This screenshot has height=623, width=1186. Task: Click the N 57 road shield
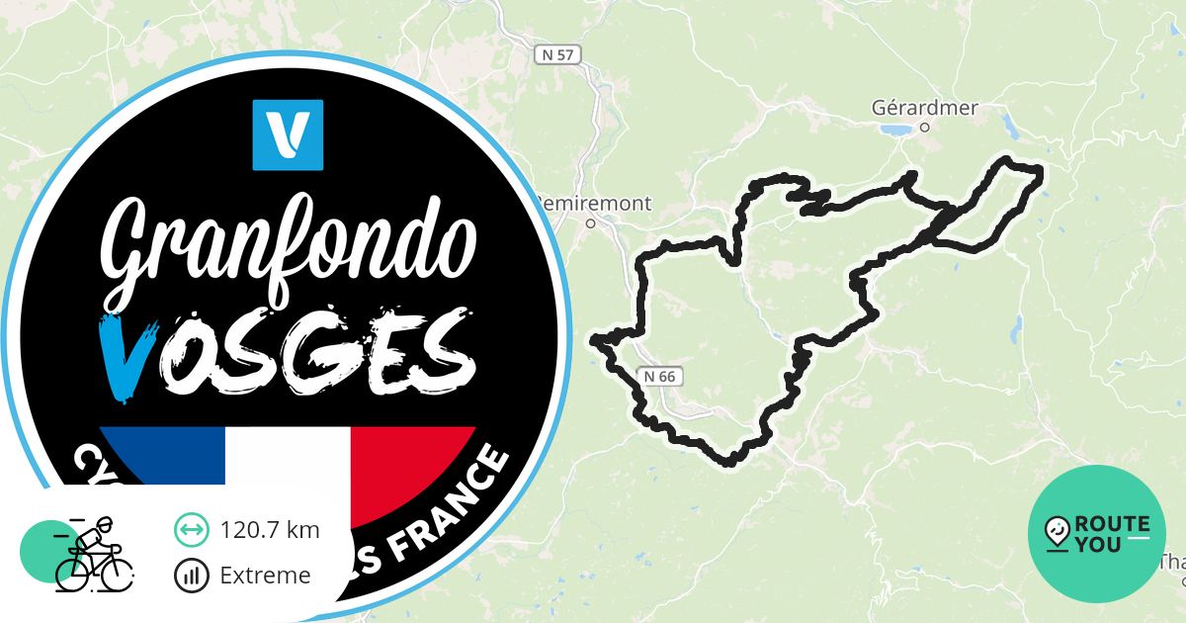click(558, 55)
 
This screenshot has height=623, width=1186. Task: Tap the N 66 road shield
click(659, 376)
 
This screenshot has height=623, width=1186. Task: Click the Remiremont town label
click(593, 204)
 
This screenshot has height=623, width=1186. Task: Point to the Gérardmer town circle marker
click(925, 127)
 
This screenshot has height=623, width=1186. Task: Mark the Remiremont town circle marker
click(590, 223)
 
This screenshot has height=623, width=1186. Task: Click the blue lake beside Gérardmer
click(894, 129)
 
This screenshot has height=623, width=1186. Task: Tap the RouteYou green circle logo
click(1097, 534)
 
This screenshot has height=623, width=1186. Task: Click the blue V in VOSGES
click(126, 356)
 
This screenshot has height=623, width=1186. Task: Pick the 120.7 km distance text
click(270, 530)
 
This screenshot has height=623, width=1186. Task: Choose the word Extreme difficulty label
click(265, 575)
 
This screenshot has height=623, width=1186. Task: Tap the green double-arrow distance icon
click(191, 530)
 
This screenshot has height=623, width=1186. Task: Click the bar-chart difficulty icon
click(191, 575)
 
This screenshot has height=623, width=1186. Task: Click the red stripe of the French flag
click(410, 465)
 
